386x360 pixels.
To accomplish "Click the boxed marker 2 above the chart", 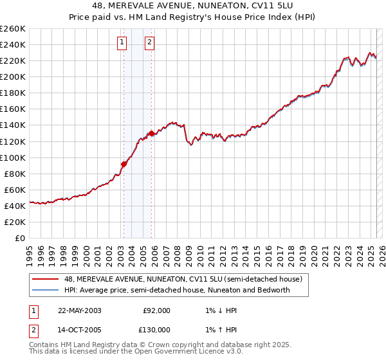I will tap(149, 43).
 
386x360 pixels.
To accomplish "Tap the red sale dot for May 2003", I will tap(124, 163).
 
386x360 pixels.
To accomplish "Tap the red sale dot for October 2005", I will tap(151, 133).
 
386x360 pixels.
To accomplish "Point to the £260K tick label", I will tap(12, 29).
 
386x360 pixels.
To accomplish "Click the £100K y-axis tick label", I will tap(12, 157).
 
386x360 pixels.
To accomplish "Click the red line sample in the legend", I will tap(46, 278).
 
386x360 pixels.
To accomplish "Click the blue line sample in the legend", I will tap(46, 290).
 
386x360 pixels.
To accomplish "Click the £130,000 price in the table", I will tap(156, 330).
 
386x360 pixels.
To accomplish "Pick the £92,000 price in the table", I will tap(156, 310).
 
